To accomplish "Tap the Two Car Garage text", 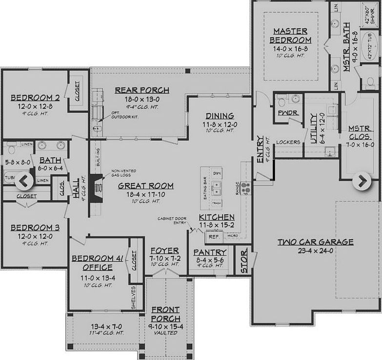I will click(x=316, y=242).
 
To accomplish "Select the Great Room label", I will click(x=146, y=186).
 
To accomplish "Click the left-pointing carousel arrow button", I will click(x=24, y=181).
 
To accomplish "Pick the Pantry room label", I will click(x=210, y=252).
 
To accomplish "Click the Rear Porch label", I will click(x=142, y=90).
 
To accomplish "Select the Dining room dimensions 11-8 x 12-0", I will click(x=220, y=124).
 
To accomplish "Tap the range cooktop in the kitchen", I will click(x=245, y=186).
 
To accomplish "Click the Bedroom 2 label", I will click(x=35, y=97).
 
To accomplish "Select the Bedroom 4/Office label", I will click(x=98, y=263).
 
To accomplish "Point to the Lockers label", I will click(x=287, y=142).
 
